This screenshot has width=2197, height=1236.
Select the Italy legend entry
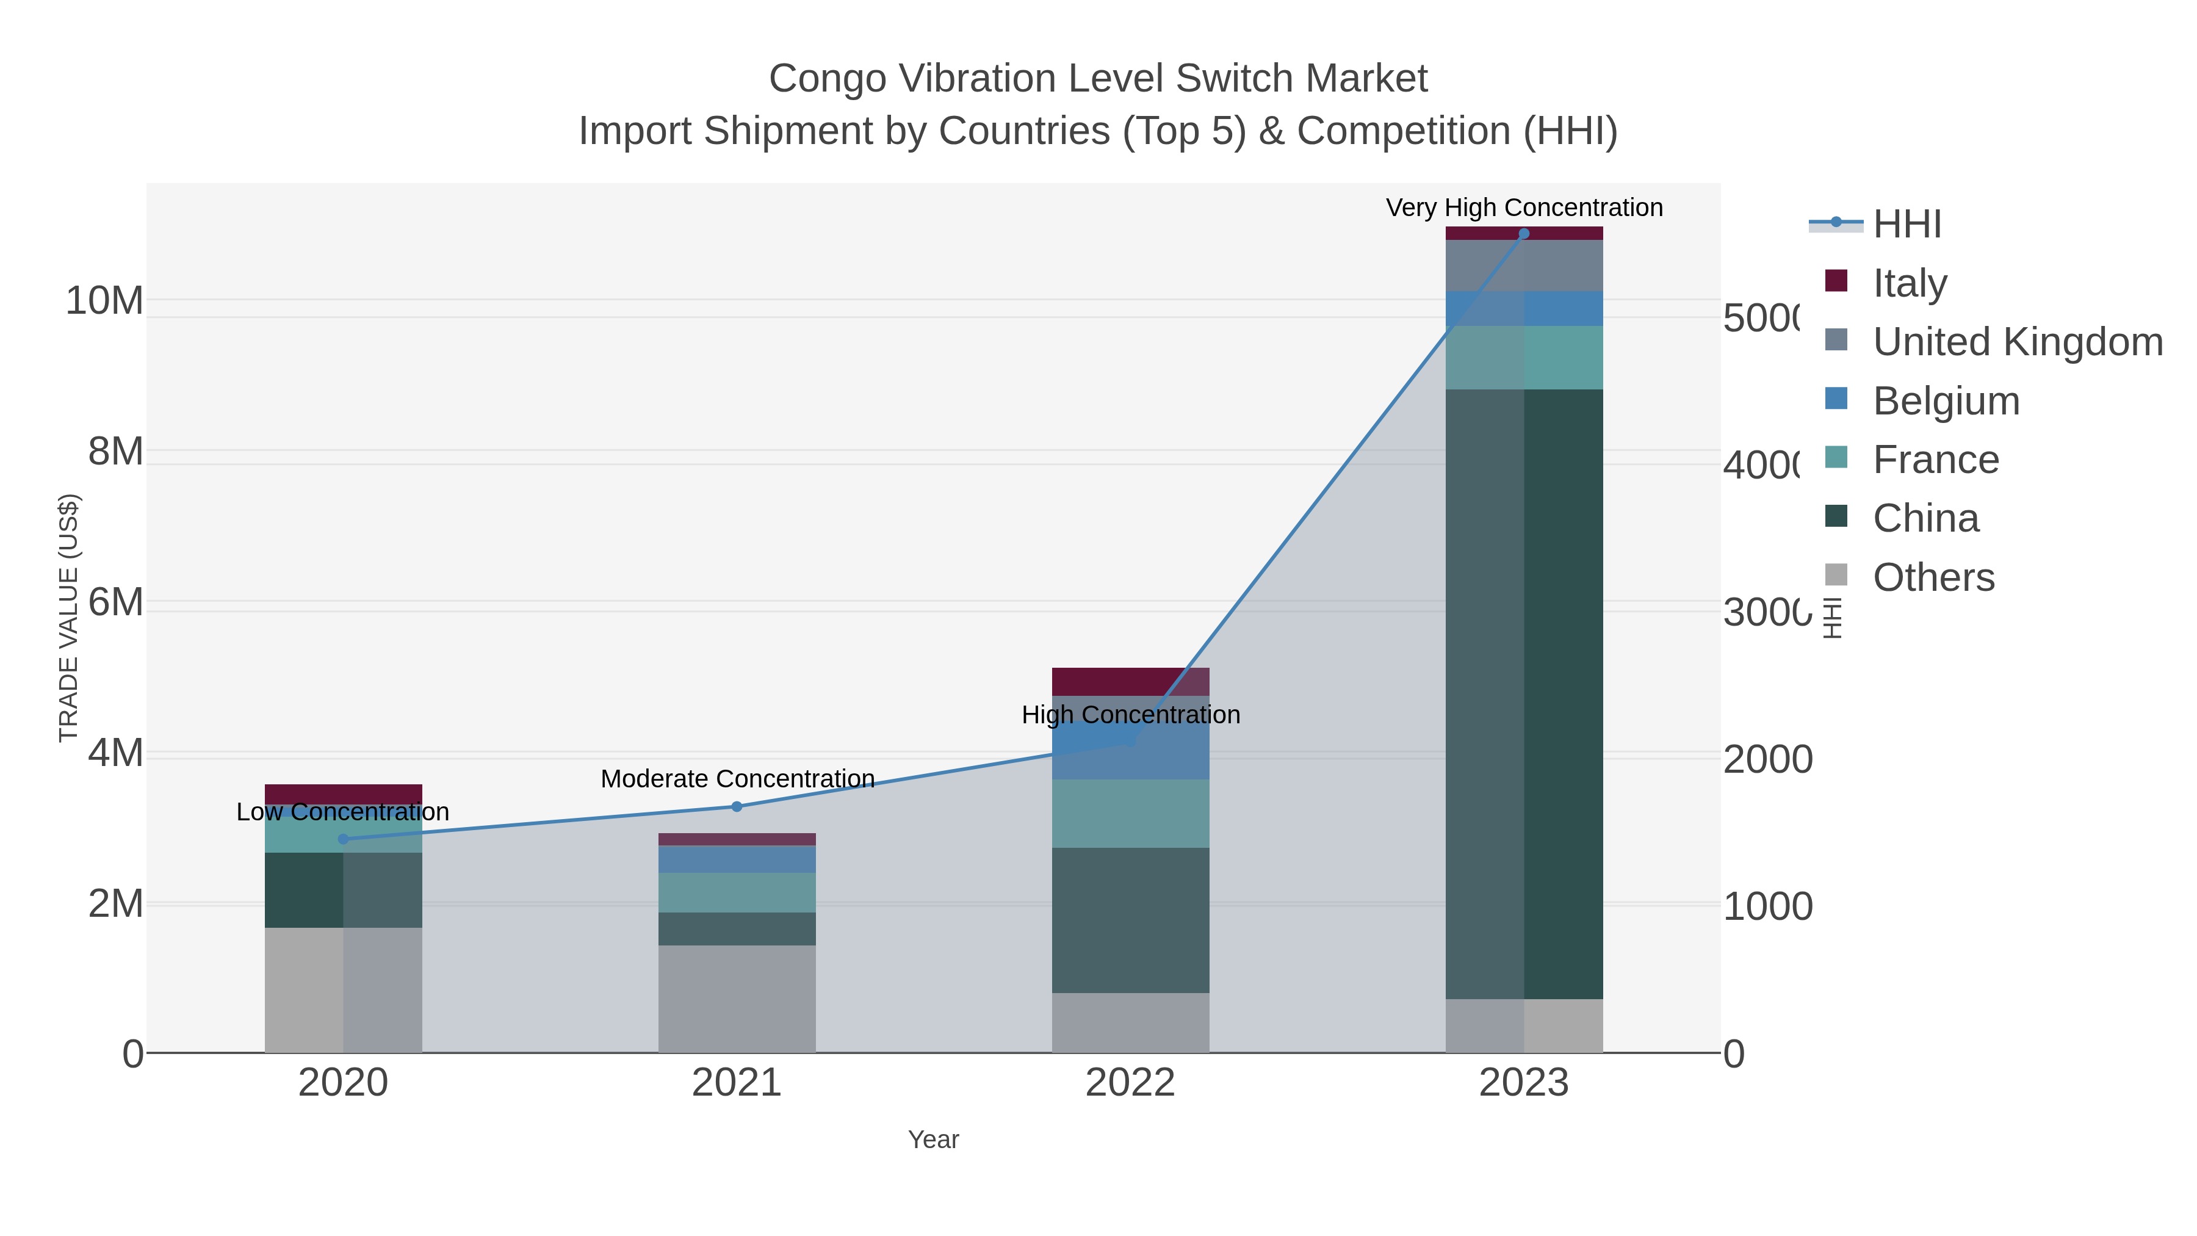(x=1910, y=283)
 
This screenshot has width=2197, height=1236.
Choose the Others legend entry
(x=1933, y=577)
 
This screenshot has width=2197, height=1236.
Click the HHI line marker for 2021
(x=737, y=806)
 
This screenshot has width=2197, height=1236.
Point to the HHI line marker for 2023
(x=1523, y=233)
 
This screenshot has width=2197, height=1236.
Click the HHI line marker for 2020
(x=343, y=839)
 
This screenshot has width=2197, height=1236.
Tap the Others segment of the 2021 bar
(x=737, y=998)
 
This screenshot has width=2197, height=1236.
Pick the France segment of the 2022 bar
(x=1130, y=813)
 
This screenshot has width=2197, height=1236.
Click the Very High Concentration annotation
(x=1523, y=208)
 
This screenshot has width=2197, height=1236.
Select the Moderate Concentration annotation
(x=737, y=779)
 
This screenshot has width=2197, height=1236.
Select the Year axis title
(x=933, y=1140)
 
